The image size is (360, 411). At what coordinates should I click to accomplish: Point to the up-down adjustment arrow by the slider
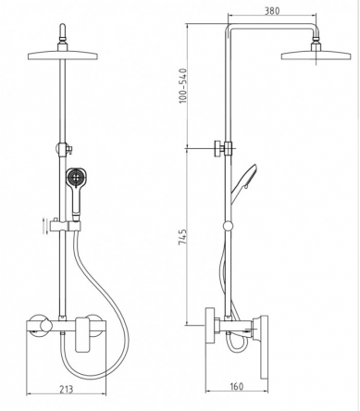click(x=43, y=225)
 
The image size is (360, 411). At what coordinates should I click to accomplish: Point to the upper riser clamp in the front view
click(x=66, y=148)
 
